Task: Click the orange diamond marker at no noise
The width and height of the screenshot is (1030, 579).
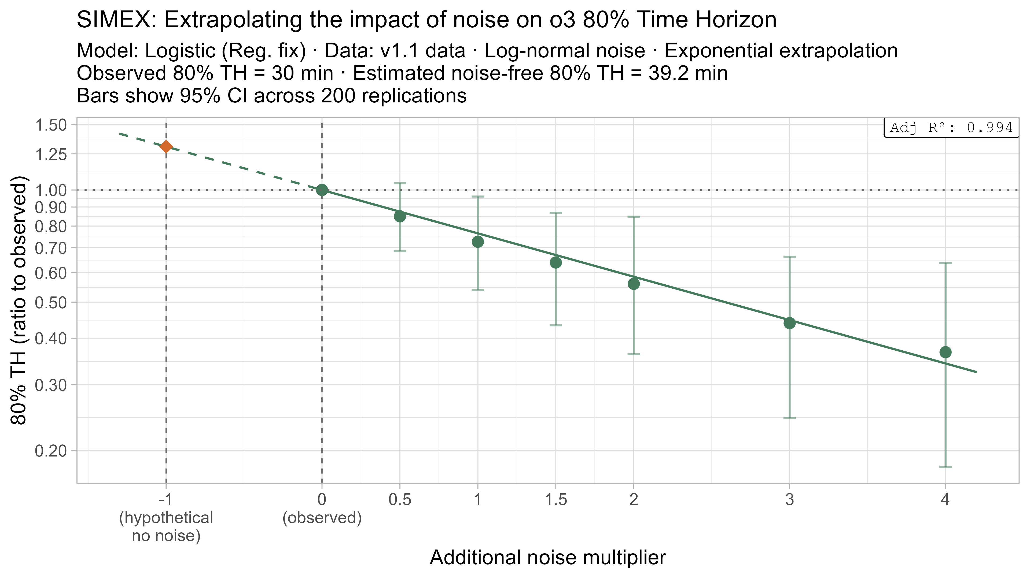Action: (x=166, y=147)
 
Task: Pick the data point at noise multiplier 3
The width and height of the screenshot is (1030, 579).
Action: (x=789, y=323)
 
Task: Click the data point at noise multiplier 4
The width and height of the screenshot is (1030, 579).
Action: (x=945, y=352)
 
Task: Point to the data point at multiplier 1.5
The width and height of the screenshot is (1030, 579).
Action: (x=556, y=262)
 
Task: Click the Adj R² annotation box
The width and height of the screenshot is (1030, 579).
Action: (x=951, y=128)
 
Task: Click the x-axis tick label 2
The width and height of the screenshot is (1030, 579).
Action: (x=633, y=499)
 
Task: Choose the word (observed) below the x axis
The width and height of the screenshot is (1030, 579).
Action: (x=322, y=518)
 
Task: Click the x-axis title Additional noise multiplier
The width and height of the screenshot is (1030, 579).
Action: (x=547, y=558)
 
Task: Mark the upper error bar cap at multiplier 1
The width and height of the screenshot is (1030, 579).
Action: (x=478, y=196)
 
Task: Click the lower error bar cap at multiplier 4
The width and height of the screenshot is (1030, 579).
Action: (x=945, y=467)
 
